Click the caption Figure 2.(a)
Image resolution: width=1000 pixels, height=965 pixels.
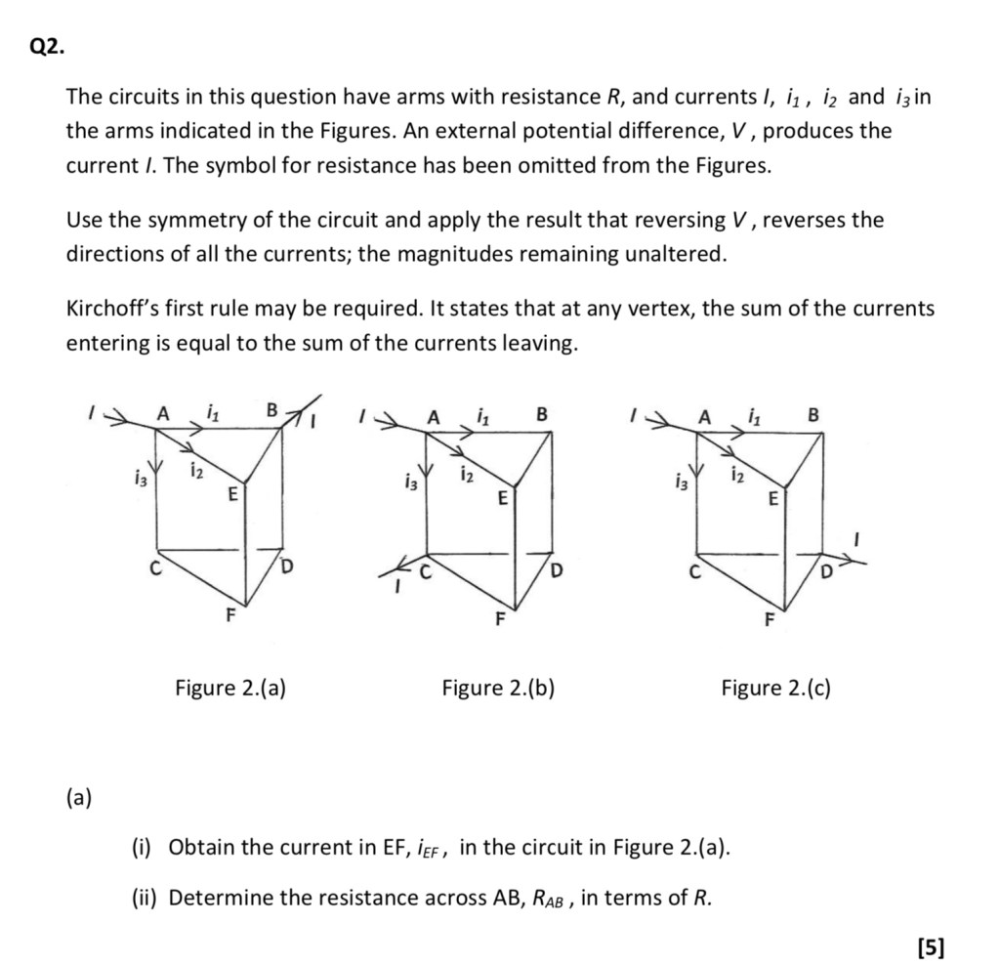[x=230, y=689]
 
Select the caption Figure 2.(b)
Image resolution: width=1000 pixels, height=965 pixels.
[x=498, y=689]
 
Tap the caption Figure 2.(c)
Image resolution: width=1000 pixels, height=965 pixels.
[x=776, y=689]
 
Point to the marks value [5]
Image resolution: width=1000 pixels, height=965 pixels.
[x=931, y=946]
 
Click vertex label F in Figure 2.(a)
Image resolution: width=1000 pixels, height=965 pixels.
[x=230, y=615]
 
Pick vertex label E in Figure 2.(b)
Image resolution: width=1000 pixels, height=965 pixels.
[x=502, y=499]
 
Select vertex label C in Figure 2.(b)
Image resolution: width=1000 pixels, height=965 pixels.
[x=425, y=572]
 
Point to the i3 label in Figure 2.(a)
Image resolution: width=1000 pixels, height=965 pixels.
[x=141, y=478]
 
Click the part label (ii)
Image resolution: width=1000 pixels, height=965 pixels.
[x=145, y=898]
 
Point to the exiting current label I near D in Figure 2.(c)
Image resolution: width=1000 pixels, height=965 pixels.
[x=856, y=537]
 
